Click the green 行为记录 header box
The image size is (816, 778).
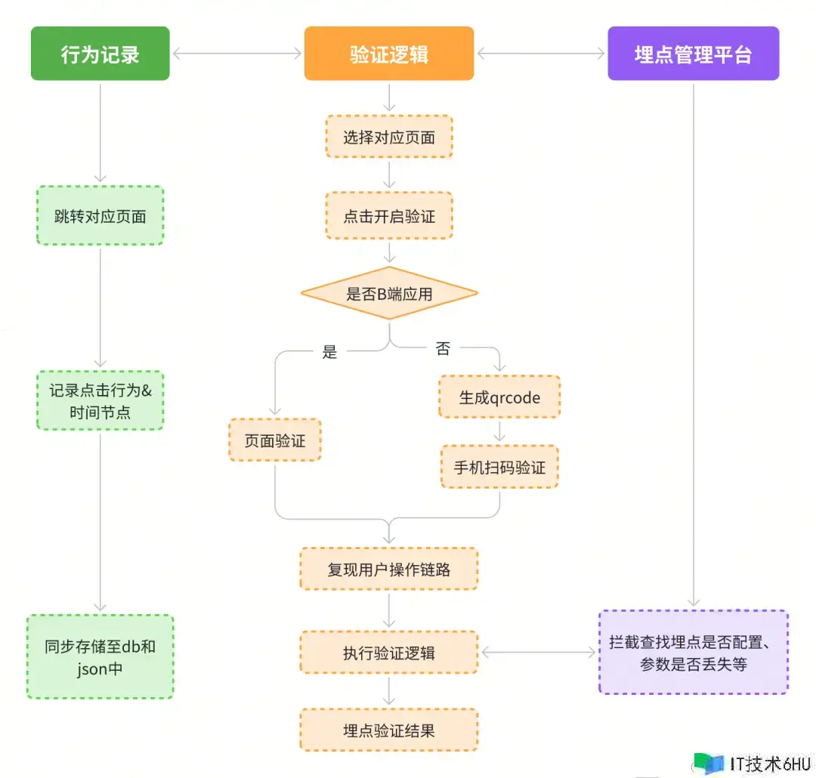click(x=100, y=54)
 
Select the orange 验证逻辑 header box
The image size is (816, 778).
click(x=388, y=54)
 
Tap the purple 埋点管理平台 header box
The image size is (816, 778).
click(x=693, y=54)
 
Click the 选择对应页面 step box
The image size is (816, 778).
click(x=388, y=137)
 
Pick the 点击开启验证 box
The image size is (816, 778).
click(x=388, y=216)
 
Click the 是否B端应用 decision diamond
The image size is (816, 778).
click(x=388, y=293)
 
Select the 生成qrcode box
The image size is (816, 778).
click(x=499, y=397)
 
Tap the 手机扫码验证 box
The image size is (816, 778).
click(x=499, y=467)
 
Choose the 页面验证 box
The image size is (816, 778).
click(x=274, y=440)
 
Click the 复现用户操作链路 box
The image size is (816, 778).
click(x=388, y=569)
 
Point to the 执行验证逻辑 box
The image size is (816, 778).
click(x=388, y=653)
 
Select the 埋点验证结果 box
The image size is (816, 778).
click(x=388, y=730)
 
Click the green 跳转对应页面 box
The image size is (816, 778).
click(x=100, y=215)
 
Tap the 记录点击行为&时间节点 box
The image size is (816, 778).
click(x=100, y=400)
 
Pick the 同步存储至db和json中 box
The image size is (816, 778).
click(x=100, y=656)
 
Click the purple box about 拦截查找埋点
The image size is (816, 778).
click(x=693, y=652)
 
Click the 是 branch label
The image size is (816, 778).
click(x=329, y=351)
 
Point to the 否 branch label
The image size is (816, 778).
click(x=443, y=348)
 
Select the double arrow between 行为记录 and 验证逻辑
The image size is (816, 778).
click(x=236, y=54)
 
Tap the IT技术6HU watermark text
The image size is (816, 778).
click(x=766, y=763)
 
